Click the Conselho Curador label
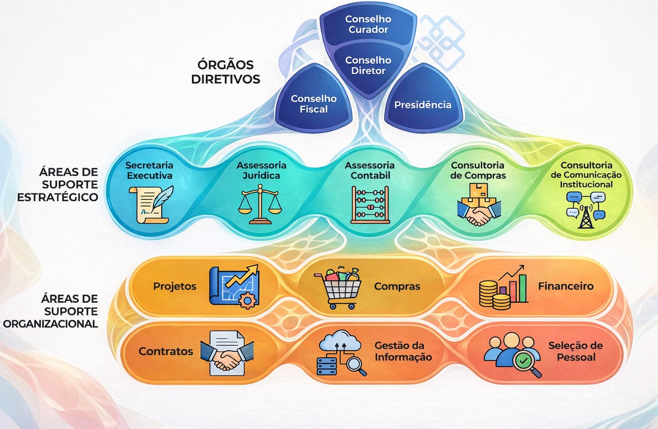click(368, 24)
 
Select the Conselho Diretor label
click(368, 65)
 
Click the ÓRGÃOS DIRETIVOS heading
click(226, 72)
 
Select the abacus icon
click(370, 204)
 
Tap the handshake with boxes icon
click(478, 205)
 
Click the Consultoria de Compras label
click(478, 170)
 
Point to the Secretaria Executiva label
click(149, 170)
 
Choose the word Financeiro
click(566, 286)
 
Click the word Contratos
click(166, 351)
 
